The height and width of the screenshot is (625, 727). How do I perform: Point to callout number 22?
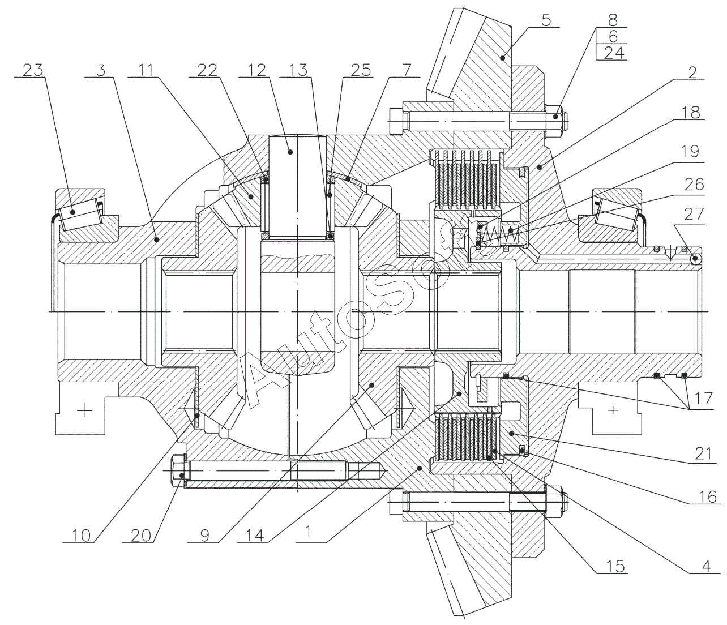pos(208,70)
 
